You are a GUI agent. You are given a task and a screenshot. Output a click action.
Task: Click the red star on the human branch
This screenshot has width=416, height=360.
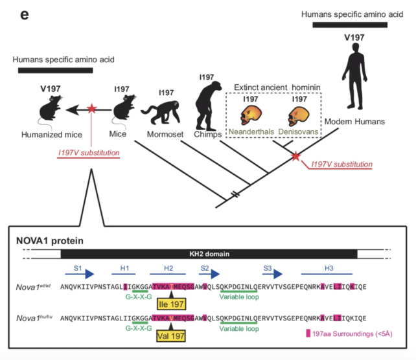point(296,156)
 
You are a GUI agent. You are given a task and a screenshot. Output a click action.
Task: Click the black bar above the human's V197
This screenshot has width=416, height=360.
point(350,25)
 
